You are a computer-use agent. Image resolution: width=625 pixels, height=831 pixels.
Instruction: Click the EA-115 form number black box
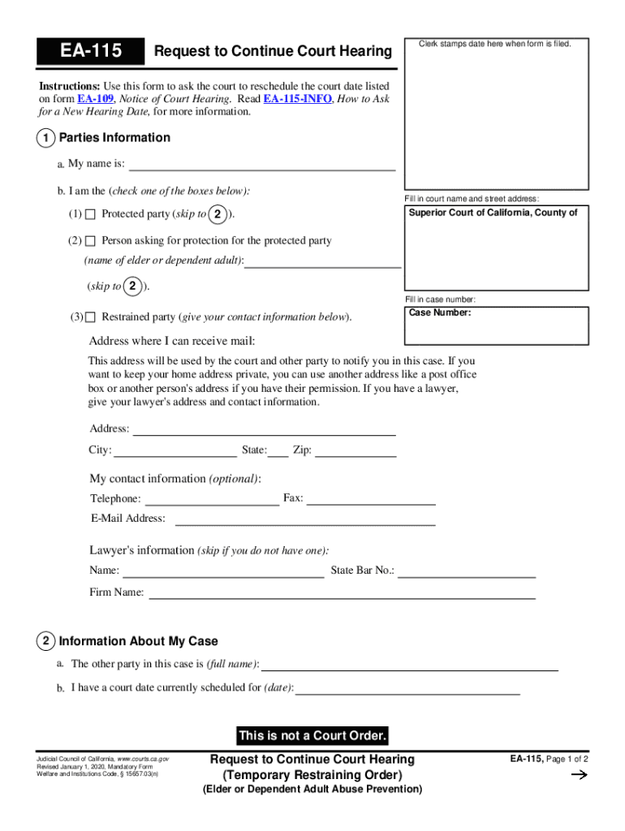click(90, 52)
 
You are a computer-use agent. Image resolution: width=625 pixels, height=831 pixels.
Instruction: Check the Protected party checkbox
click(90, 214)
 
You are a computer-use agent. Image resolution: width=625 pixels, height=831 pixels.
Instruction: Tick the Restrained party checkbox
click(90, 316)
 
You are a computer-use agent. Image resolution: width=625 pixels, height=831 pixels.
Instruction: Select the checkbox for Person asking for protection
click(90, 241)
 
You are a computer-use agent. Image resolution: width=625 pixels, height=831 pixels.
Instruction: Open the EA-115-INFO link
click(298, 98)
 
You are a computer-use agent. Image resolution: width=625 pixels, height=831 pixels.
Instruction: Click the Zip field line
click(356, 451)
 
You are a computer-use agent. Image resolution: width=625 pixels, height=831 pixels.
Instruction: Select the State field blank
click(278, 451)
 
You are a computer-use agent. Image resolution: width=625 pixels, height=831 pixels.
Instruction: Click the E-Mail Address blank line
click(305, 519)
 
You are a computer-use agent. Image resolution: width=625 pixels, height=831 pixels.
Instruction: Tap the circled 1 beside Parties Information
click(46, 138)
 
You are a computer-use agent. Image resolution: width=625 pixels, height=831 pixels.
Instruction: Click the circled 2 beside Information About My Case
click(46, 641)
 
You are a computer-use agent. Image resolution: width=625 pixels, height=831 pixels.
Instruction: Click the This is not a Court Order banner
click(312, 736)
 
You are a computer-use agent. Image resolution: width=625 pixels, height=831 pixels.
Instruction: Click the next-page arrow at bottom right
click(579, 776)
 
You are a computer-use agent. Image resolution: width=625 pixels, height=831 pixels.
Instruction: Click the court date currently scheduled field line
click(407, 690)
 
